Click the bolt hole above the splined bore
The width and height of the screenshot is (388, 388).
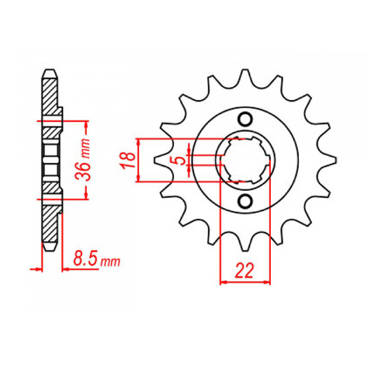245,119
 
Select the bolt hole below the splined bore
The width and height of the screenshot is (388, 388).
245,203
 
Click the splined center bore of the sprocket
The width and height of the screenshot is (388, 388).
245,160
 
